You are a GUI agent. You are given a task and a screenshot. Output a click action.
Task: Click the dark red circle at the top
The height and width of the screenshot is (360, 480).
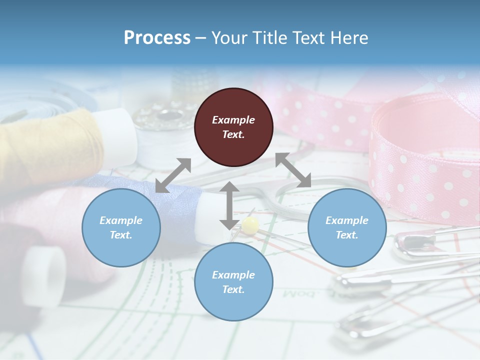click(233, 127)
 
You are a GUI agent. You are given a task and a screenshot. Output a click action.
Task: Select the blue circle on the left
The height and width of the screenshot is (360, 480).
click(121, 227)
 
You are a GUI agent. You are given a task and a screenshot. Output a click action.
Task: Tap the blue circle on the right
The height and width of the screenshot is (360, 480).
click(347, 227)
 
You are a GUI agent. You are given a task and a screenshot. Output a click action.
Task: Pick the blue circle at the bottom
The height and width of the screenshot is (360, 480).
click(233, 282)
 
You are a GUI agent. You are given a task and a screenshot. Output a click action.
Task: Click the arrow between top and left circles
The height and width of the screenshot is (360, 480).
click(173, 175)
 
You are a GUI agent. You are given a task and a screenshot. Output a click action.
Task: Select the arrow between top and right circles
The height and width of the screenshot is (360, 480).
click(293, 170)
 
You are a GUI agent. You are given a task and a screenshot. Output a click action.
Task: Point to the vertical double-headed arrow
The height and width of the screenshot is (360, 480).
click(229, 205)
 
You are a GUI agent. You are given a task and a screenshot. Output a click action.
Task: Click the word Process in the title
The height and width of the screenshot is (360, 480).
click(157, 38)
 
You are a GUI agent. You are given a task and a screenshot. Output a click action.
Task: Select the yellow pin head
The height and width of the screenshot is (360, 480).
click(251, 223)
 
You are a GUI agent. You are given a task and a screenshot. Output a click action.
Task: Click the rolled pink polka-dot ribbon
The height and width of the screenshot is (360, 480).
click(425, 155)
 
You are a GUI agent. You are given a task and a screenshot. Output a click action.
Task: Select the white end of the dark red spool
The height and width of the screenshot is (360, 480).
click(47, 275)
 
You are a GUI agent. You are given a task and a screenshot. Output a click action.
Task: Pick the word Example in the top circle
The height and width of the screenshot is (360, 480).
click(233, 120)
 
